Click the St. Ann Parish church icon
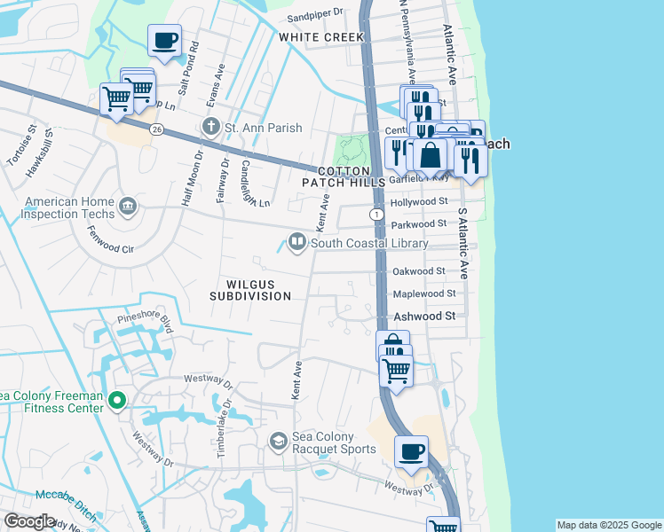(x=211, y=128)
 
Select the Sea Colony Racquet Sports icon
(x=278, y=442)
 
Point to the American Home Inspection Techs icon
(x=129, y=207)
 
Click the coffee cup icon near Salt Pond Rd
(x=164, y=41)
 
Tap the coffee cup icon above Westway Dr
(x=411, y=452)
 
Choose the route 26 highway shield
(x=156, y=129)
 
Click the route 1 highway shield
(x=377, y=215)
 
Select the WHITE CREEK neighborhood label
(x=321, y=37)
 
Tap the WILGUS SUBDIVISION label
(x=250, y=290)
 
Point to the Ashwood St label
(x=424, y=316)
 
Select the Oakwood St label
(x=418, y=270)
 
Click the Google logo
(x=28, y=521)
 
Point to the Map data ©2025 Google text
(x=608, y=525)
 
